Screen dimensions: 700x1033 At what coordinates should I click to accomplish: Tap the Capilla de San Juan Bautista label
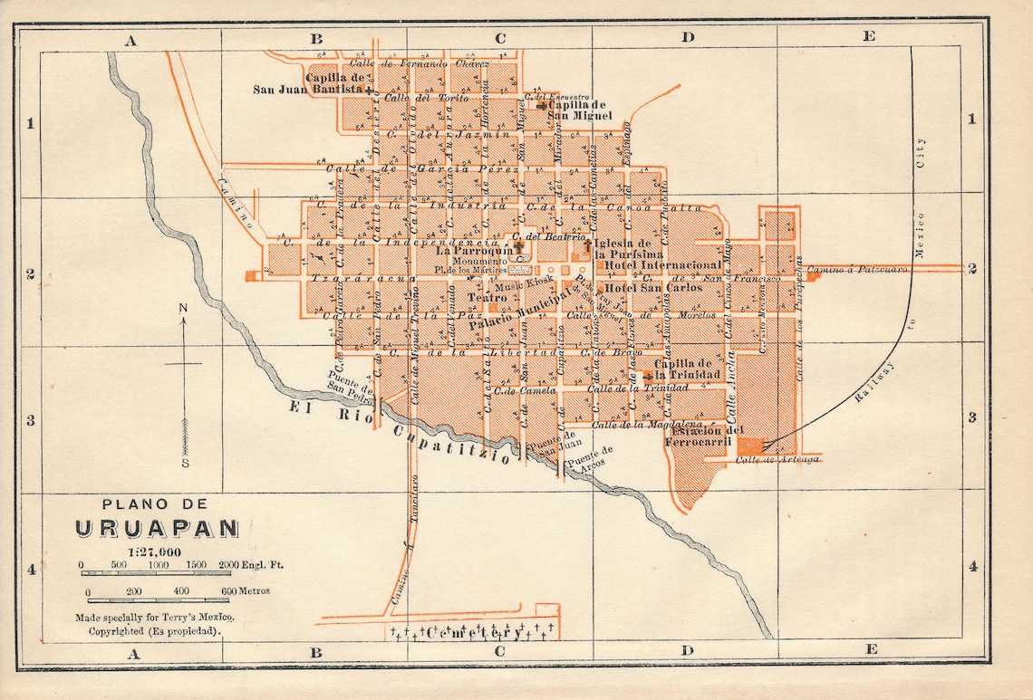click(311, 83)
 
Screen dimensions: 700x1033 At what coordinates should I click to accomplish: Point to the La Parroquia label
click(475, 251)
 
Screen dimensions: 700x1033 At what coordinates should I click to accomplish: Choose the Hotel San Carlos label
click(652, 288)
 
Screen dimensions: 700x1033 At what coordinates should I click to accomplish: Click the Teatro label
click(487, 297)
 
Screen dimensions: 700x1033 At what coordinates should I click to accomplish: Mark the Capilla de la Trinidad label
click(688, 369)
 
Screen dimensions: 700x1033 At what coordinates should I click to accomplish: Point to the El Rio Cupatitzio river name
click(399, 432)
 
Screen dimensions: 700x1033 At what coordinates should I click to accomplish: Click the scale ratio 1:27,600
click(149, 551)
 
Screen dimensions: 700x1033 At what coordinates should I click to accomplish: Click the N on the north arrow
click(183, 309)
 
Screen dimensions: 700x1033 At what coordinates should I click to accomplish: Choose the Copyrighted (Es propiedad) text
click(149, 630)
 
